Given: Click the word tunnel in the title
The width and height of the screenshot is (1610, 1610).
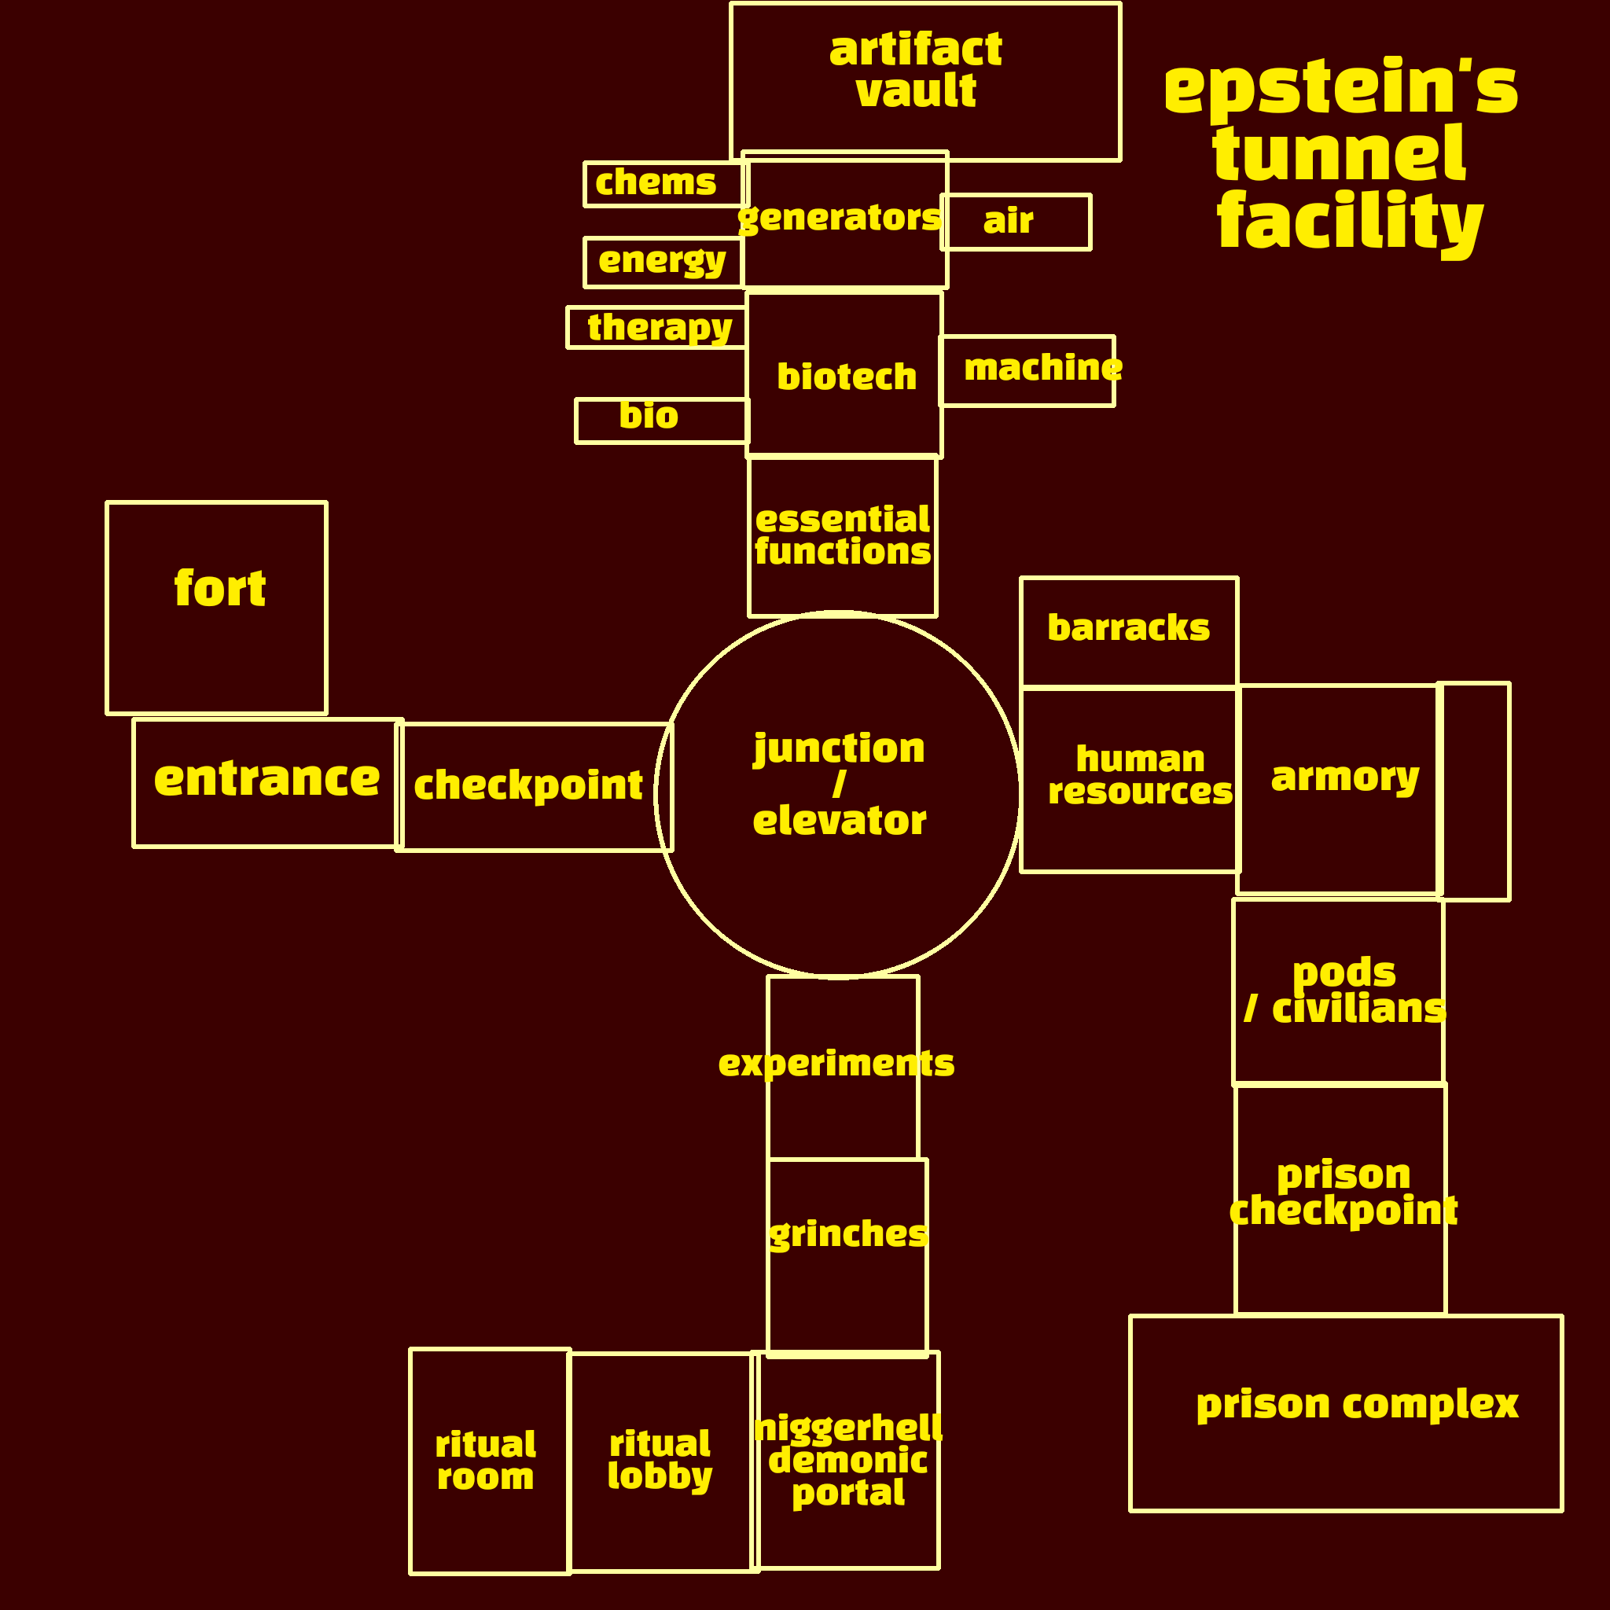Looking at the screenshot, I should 1338,155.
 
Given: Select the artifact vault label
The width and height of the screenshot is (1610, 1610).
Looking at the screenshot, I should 916,70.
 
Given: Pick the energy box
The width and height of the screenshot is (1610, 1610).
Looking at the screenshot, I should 663,262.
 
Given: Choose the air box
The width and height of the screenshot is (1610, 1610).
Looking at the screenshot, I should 1016,222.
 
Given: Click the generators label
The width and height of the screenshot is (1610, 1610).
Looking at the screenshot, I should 840,219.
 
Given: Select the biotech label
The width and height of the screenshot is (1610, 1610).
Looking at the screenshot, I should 847,377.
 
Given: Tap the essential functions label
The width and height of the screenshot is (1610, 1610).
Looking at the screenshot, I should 843,536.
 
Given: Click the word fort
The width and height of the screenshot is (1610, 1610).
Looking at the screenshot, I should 220,589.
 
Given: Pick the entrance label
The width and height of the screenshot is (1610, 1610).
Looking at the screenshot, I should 266,779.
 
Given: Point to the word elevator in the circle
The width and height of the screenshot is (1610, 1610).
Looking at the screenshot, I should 839,822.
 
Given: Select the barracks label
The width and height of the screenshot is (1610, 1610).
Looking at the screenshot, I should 1128,628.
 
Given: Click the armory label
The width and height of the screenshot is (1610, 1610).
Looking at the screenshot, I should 1345,777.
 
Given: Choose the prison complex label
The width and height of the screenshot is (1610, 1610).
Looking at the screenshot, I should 1357,1404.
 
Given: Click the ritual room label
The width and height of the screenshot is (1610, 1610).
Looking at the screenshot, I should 486,1460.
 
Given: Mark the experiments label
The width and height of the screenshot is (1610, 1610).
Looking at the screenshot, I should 836,1064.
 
